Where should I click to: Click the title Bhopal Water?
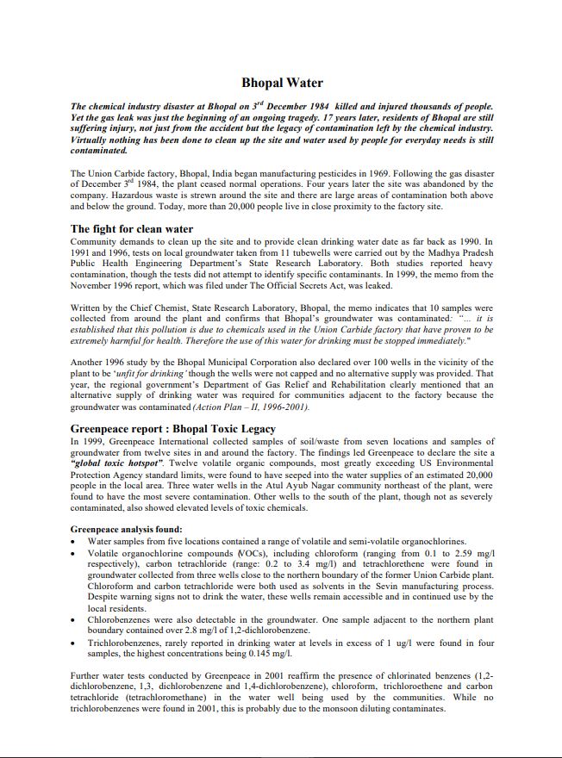pyautogui.click(x=282, y=84)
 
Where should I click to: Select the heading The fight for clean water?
pyautogui.click(x=132, y=229)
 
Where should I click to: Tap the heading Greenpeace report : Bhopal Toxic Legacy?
pyautogui.click(x=173, y=428)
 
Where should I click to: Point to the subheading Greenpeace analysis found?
pyautogui.click(x=126, y=529)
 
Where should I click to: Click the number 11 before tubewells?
pyautogui.click(x=281, y=253)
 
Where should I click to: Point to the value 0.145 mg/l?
pyautogui.click(x=293, y=654)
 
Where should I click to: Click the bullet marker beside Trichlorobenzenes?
pyautogui.click(x=75, y=643)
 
